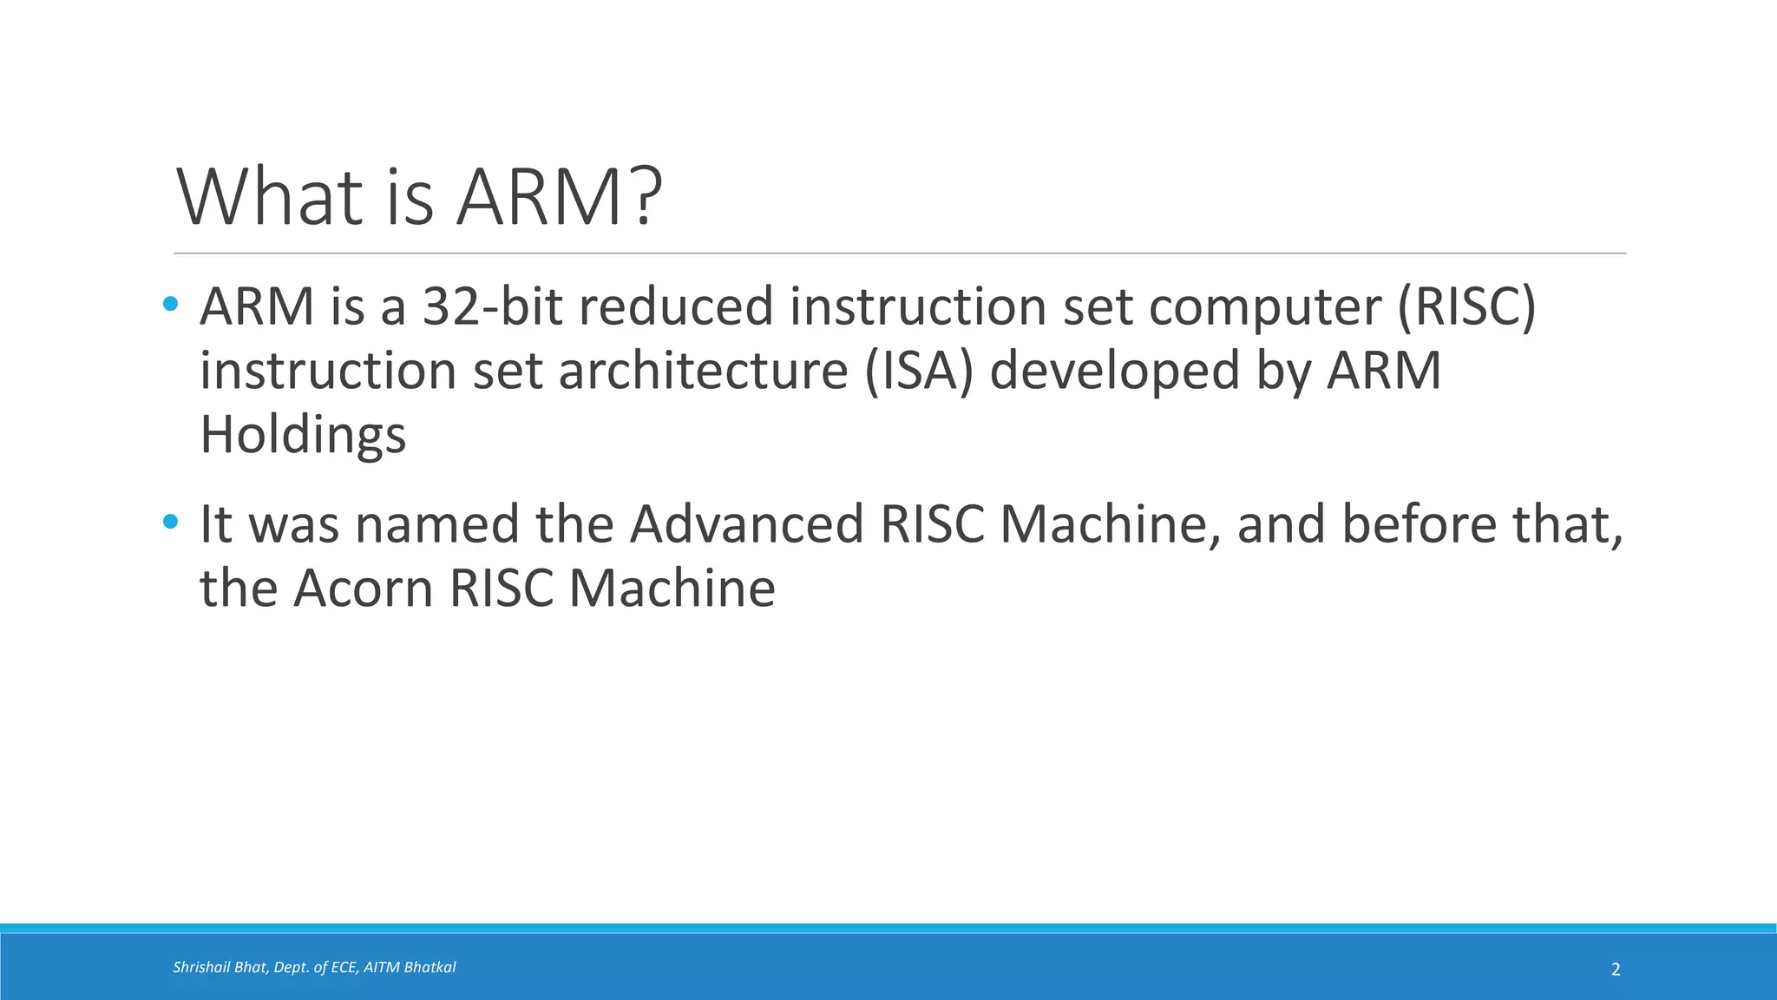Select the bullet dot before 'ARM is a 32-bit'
(170, 304)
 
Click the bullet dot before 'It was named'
(170, 522)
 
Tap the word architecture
(703, 371)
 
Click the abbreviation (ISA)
(919, 372)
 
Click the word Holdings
(303, 435)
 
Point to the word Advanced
(746, 524)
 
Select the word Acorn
(363, 589)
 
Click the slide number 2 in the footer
(1616, 970)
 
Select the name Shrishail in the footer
(200, 967)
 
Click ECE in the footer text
(344, 967)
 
